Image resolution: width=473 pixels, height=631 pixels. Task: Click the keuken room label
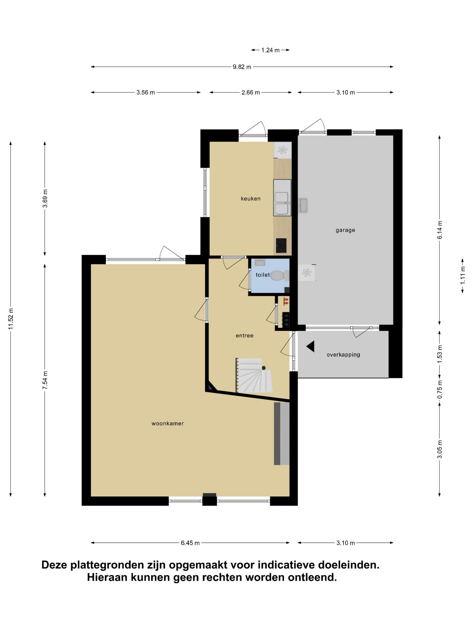point(251,199)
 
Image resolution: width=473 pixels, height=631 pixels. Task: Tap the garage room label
point(345,230)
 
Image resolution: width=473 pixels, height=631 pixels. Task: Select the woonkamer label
point(168,424)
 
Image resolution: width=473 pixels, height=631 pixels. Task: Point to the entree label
point(245,336)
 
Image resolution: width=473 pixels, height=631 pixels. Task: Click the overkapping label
point(343,355)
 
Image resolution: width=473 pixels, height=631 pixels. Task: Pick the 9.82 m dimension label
point(242,67)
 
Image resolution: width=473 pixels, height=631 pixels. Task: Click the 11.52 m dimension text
point(11,319)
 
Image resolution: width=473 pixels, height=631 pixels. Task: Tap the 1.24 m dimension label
point(270,50)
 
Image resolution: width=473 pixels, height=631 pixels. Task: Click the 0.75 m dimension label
point(440,390)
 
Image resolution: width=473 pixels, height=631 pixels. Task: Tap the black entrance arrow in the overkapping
point(310,346)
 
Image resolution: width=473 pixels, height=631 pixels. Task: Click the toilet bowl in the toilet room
point(279,275)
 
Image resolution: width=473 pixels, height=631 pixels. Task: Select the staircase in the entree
point(254,376)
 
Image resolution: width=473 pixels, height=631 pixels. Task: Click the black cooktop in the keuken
point(281,246)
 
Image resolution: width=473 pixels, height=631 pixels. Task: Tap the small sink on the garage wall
point(303,205)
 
